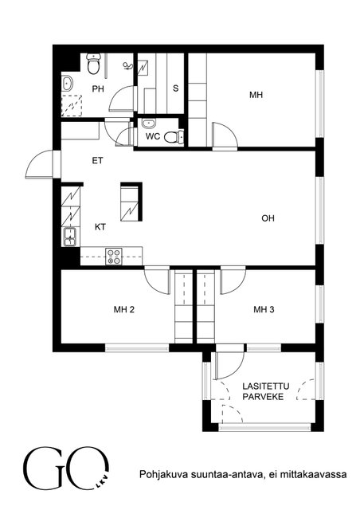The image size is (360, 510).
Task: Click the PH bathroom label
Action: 98,88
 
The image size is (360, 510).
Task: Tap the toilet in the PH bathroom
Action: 93,64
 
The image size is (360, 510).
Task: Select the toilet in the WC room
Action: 174,136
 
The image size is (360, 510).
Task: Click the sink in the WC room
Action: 149,124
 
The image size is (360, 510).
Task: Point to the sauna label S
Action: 175,88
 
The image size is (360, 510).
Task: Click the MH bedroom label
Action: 256,95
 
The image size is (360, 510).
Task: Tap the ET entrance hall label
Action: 97,160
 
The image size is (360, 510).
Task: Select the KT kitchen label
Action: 100,226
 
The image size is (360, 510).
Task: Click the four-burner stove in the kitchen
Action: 114,257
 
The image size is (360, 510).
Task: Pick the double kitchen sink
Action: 70,237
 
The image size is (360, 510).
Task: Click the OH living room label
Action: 268,218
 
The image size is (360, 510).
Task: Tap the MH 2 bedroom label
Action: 124,309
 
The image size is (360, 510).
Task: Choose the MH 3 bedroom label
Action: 264,309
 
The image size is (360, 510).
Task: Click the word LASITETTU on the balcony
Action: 266,386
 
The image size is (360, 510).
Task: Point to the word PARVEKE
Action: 263,397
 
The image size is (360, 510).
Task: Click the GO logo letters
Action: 66,468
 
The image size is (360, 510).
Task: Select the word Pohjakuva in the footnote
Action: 159,475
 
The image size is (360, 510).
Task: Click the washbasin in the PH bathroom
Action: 68,84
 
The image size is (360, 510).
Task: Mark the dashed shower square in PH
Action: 72,105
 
